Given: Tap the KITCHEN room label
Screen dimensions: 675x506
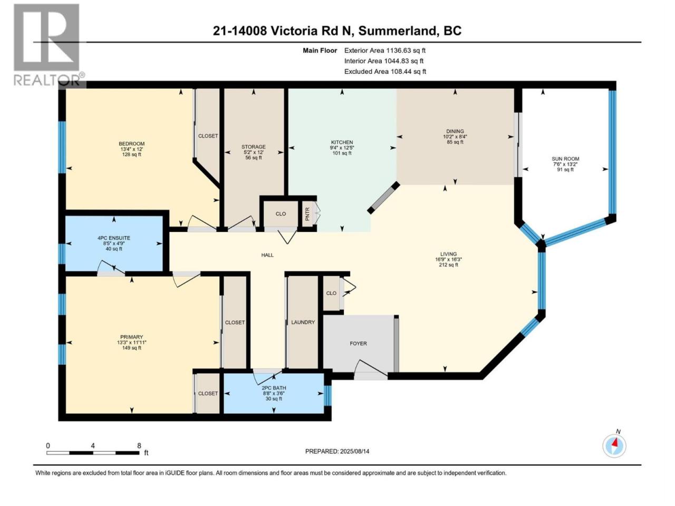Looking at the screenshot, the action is tap(342, 142).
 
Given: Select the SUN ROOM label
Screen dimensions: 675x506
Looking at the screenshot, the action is tap(565, 159).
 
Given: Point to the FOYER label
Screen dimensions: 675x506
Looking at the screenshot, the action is tap(358, 344).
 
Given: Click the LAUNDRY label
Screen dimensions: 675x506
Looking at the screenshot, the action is tap(303, 322).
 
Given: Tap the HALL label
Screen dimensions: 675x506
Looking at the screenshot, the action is tap(267, 255).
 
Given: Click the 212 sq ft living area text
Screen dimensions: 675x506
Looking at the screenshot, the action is tap(448, 265).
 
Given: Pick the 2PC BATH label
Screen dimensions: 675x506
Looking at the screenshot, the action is tap(274, 388).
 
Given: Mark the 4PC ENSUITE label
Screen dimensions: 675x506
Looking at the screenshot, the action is tap(114, 238).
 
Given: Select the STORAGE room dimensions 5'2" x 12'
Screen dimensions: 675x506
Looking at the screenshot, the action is tap(254, 152).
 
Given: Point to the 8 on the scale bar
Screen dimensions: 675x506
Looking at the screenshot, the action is tap(139, 445).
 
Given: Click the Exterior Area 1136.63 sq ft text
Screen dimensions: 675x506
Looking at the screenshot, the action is tap(385, 51).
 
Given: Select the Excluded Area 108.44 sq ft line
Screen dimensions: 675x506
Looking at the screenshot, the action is tap(385, 72).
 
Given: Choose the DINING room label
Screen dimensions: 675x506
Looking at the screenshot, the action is tap(455, 131).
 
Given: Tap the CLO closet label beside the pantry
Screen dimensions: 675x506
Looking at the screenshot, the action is tap(281, 214).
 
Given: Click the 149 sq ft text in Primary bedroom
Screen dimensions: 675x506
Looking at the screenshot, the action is tap(132, 348).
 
